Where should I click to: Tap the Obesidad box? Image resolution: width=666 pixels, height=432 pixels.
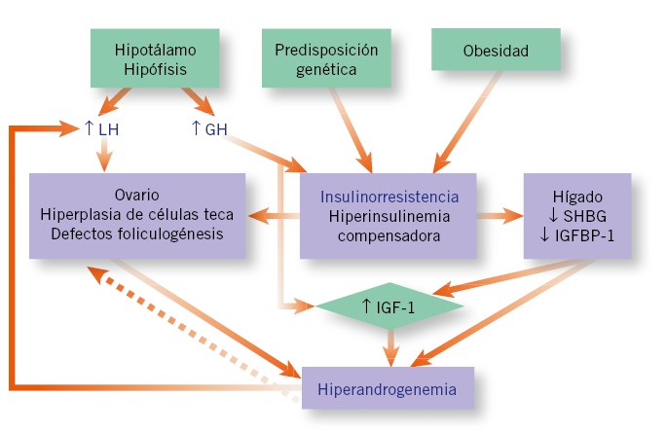click(496, 50)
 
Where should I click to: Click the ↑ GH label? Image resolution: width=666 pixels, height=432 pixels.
click(208, 128)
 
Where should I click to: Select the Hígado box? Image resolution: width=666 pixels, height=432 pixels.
click(576, 216)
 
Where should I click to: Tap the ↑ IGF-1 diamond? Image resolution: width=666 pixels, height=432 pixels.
click(389, 306)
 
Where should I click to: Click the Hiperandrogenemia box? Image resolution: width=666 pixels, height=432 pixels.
click(387, 390)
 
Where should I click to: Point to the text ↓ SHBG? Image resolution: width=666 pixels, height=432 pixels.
click(577, 216)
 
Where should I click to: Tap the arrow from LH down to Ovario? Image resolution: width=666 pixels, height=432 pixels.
click(103, 156)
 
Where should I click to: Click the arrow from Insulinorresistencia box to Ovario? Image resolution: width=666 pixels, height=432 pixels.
click(273, 216)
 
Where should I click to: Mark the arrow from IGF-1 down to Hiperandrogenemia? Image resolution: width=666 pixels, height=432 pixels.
click(389, 344)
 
